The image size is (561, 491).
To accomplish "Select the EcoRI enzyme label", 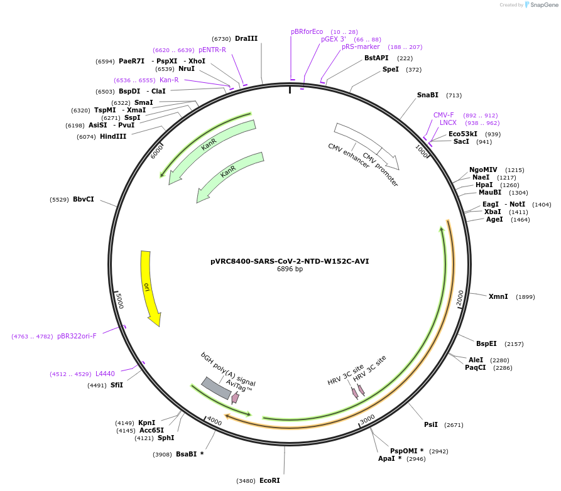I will pyautogui.click(x=270, y=480).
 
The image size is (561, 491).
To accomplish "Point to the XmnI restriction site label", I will pyautogui.click(x=498, y=296).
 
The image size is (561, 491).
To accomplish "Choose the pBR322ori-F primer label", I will pyautogui.click(x=77, y=336).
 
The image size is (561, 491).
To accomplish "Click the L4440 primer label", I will pyautogui.click(x=105, y=374).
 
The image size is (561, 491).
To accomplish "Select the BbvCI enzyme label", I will pyautogui.click(x=84, y=199).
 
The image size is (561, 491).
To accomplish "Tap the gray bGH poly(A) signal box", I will pyautogui.click(x=216, y=388).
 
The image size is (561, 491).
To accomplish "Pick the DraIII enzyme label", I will pyautogui.click(x=246, y=38).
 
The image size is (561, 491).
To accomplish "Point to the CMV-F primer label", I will pyautogui.click(x=444, y=115).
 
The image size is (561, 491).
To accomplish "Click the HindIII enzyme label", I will pyautogui.click(x=113, y=136).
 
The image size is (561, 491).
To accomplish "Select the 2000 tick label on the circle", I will pyautogui.click(x=460, y=298).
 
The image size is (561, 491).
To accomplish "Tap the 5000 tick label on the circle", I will pyautogui.click(x=119, y=300).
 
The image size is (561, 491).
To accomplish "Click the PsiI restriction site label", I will pyautogui.click(x=431, y=425).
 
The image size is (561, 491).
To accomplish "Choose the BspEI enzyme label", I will pyautogui.click(x=486, y=343).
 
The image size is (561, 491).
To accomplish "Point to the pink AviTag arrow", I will pyautogui.click(x=235, y=397).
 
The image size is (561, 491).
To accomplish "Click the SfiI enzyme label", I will pyautogui.click(x=117, y=385).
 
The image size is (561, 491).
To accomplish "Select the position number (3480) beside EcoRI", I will pyautogui.click(x=246, y=481).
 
